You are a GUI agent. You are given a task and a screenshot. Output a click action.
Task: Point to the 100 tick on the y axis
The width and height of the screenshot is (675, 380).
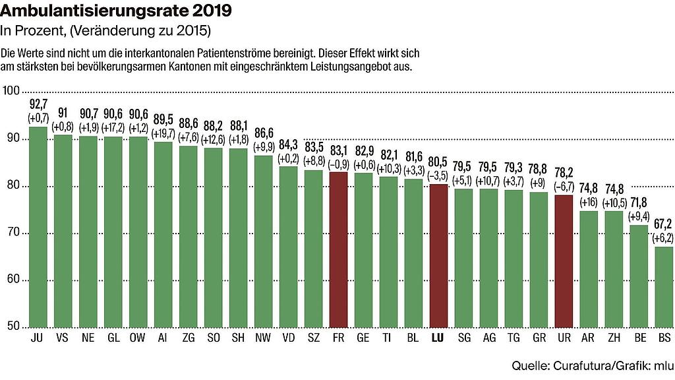(x=11, y=91)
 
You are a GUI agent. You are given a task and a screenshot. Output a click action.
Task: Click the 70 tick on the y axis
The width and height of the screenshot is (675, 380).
(x=11, y=233)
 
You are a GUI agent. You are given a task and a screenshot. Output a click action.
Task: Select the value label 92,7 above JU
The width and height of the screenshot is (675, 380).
(x=38, y=104)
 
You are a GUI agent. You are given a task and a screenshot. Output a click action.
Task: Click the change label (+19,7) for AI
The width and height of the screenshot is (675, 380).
(x=163, y=132)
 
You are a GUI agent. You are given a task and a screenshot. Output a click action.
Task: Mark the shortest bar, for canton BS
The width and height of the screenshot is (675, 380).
(x=663, y=286)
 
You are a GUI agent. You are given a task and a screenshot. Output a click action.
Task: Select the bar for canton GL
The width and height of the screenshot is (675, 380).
(x=113, y=232)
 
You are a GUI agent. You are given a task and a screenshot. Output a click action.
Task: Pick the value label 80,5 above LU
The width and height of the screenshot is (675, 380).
(x=438, y=162)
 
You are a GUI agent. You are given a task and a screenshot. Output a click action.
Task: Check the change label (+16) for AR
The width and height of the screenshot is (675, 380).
(x=589, y=201)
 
